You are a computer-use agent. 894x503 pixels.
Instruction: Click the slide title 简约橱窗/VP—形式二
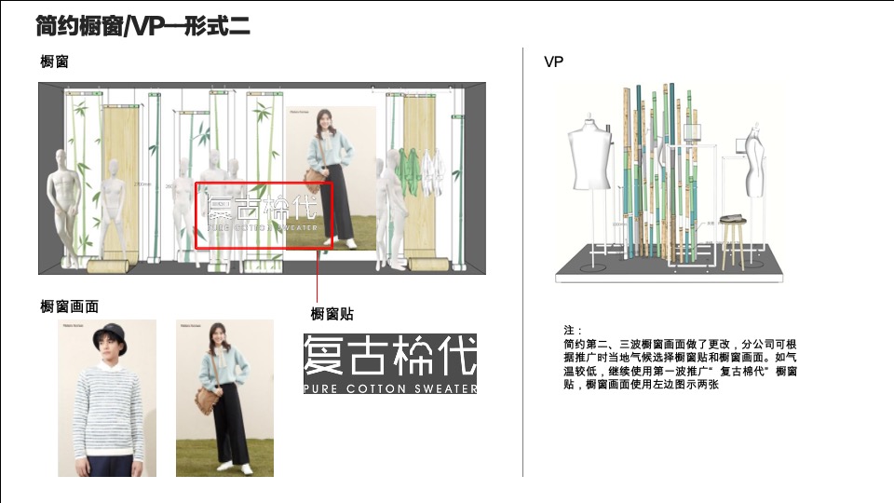click(x=142, y=25)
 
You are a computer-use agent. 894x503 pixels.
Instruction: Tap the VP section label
click(x=554, y=62)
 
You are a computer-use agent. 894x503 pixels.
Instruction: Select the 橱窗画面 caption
click(x=70, y=306)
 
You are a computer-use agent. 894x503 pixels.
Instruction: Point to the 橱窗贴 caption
click(x=332, y=314)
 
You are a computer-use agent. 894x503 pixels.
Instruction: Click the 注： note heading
click(x=573, y=331)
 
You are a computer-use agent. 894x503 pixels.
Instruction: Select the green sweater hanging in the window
click(x=407, y=169)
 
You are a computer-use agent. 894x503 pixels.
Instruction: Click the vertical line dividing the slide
click(x=522, y=261)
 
